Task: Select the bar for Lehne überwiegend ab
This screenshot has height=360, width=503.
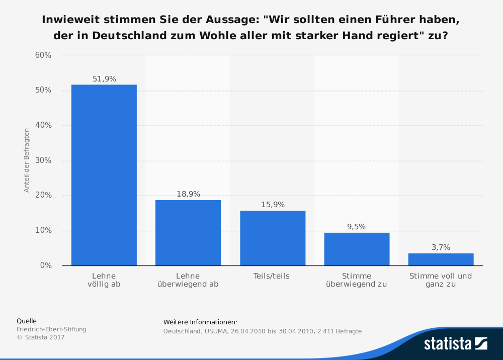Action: pos(188,233)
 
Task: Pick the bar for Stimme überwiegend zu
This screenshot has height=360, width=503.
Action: pos(357,249)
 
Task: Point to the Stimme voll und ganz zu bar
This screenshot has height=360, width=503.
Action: pos(441,259)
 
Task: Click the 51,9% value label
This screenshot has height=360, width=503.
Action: pos(104,79)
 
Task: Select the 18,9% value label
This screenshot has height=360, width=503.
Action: pos(188,194)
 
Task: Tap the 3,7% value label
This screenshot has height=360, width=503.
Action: pos(441,247)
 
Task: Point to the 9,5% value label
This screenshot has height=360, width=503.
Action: pos(357,227)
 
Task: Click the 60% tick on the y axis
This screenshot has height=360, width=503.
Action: pos(43,55)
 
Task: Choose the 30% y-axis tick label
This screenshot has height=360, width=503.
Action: pos(43,160)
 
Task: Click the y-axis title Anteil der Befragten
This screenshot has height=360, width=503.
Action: pos(27,160)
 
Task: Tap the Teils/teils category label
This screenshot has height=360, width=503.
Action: pos(272,276)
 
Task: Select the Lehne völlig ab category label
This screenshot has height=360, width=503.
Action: pos(104,280)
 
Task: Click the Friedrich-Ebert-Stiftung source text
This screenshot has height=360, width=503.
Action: pos(51,329)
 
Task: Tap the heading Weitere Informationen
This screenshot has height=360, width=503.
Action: pos(200,322)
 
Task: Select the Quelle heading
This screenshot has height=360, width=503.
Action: pos(27,321)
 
